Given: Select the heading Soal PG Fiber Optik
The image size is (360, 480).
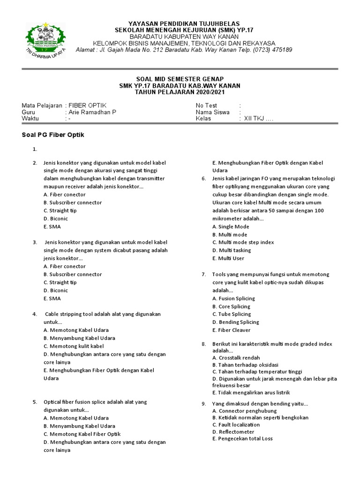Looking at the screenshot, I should (x=53, y=135).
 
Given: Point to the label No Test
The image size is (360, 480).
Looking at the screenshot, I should (x=207, y=106).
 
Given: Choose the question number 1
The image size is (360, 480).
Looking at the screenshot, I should (x=35, y=150).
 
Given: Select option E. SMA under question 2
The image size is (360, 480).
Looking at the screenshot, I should (x=52, y=226).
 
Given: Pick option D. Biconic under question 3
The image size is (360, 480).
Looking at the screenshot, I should (x=55, y=290).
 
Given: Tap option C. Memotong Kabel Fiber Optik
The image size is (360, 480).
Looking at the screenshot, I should (x=82, y=434).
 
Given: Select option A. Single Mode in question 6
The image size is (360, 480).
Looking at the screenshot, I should (x=231, y=226).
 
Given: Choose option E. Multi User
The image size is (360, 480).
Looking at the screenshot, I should (x=228, y=258).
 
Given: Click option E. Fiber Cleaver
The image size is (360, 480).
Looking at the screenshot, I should (x=231, y=330).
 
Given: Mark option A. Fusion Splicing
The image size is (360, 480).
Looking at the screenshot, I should (x=233, y=298).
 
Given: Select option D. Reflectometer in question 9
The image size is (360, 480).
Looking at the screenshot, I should (x=233, y=432).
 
